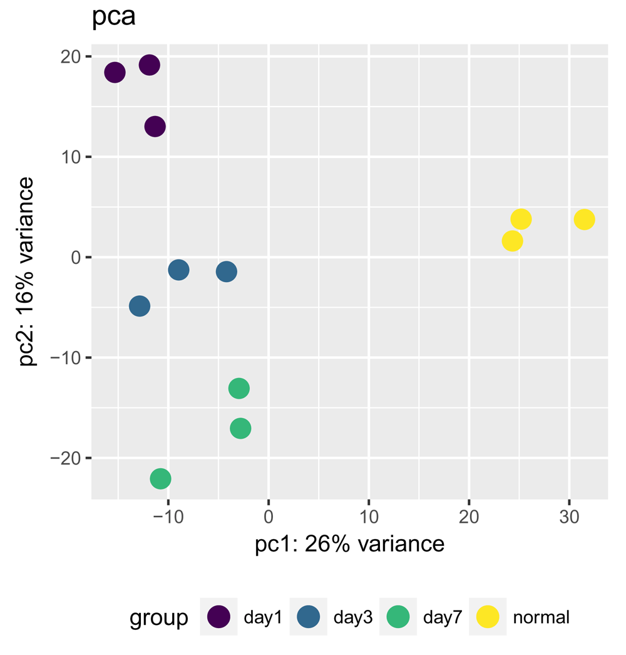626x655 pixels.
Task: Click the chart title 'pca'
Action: (x=114, y=18)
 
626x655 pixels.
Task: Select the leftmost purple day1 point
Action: (x=115, y=73)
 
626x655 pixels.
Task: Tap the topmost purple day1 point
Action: (x=149, y=65)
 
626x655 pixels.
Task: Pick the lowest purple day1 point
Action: (x=155, y=127)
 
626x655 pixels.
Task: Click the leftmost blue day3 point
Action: (x=140, y=307)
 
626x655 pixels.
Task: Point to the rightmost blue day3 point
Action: (x=226, y=272)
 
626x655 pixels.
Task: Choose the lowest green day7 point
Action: (x=160, y=479)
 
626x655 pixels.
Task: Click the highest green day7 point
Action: (x=239, y=389)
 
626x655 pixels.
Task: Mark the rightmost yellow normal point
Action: (x=583, y=219)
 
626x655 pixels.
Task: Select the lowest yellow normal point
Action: (x=512, y=241)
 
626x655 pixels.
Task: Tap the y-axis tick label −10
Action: (x=68, y=358)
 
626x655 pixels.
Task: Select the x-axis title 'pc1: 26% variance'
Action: (x=349, y=544)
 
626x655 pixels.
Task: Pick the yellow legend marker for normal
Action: (x=488, y=617)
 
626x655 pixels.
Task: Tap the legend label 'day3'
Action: (x=353, y=618)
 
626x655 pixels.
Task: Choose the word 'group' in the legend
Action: (x=158, y=618)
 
